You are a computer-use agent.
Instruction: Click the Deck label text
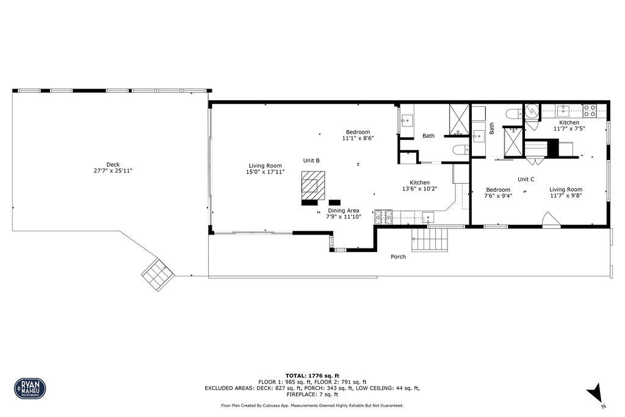click(113, 164)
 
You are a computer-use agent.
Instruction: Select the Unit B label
click(311, 161)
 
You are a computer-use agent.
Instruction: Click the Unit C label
click(526, 179)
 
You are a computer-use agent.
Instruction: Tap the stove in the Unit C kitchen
click(590, 111)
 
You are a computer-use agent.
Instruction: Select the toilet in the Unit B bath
click(459, 150)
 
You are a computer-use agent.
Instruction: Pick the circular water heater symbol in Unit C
click(532, 111)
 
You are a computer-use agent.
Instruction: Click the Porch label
click(398, 256)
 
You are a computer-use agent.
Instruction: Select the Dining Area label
click(344, 211)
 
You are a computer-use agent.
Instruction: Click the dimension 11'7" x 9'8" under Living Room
click(565, 196)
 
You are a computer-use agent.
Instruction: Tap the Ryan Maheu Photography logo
click(30, 388)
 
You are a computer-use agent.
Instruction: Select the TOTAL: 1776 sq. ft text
click(312, 375)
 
